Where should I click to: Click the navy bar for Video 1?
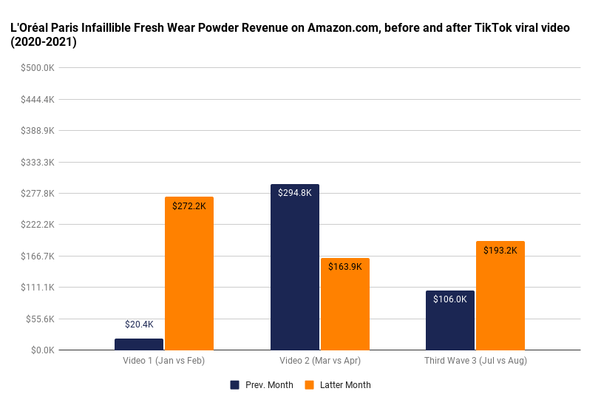139,344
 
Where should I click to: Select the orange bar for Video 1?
189,274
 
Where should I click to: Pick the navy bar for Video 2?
295,267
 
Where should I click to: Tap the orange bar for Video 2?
344,304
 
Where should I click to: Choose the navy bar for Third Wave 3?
450,320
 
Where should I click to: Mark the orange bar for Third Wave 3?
500,296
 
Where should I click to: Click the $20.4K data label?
139,324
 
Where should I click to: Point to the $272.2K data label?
189,206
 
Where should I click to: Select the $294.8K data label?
295,193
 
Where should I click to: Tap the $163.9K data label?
344,267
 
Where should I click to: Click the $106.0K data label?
450,299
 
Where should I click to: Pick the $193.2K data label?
500,251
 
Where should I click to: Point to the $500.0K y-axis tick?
37,68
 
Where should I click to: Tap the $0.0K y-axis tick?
41,350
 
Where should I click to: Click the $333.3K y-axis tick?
37,162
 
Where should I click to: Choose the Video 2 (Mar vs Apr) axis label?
319,361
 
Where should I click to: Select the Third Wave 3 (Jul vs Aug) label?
475,361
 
